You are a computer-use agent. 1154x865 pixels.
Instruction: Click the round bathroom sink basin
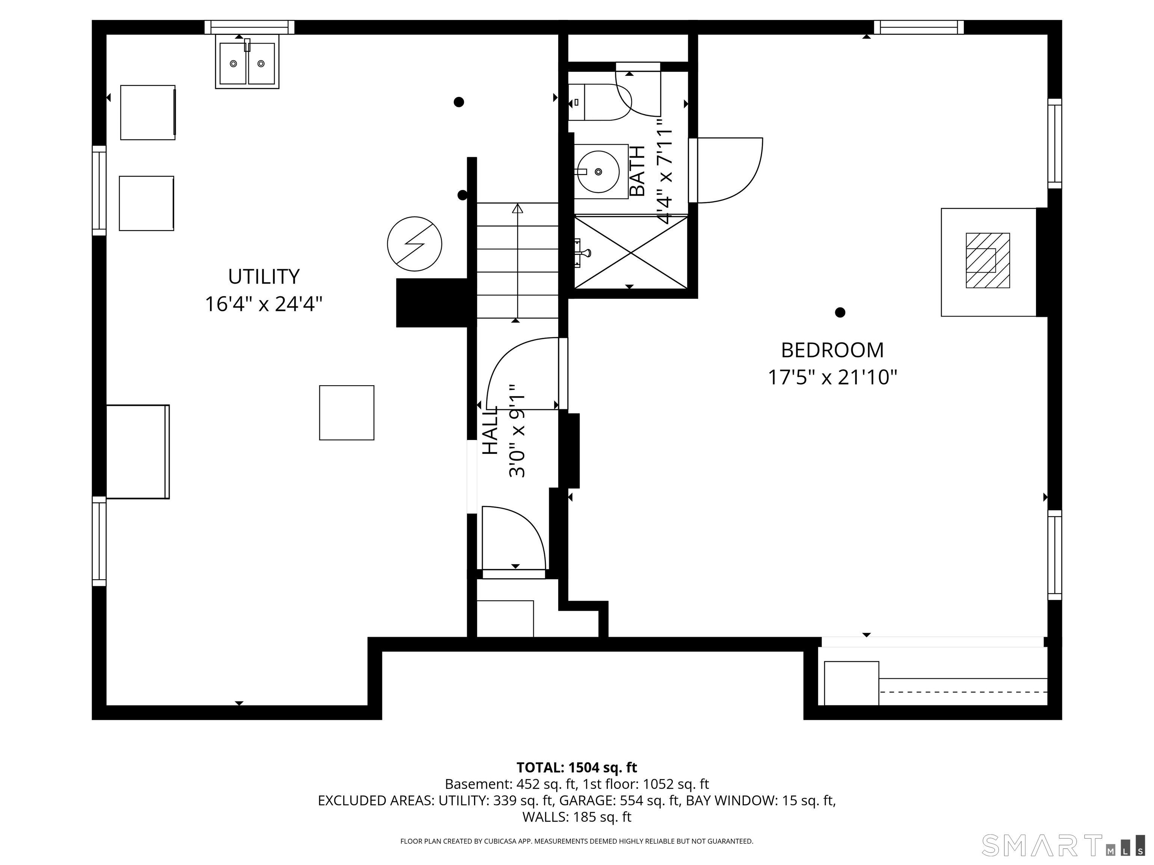coord(598,172)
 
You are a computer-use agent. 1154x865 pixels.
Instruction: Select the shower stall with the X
coord(631,252)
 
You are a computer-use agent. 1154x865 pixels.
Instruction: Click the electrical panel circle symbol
coord(415,244)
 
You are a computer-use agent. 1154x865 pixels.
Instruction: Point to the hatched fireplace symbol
coord(988,260)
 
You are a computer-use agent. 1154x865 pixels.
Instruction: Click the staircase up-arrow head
coord(518,209)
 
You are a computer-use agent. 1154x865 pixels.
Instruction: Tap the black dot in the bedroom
coord(840,312)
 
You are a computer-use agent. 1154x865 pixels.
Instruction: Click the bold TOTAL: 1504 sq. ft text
coord(577,767)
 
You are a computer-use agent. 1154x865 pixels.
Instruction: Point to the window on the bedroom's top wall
coord(919,27)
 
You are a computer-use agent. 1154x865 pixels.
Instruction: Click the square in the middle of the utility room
coord(346,413)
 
